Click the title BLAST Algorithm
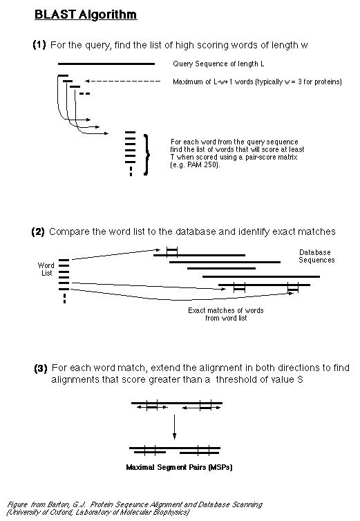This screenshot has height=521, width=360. [86, 15]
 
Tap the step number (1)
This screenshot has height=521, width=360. [39, 44]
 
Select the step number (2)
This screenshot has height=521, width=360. [38, 231]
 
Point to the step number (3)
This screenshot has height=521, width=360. [41, 368]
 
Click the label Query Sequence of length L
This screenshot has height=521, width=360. [218, 64]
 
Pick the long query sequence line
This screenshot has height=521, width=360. [106, 64]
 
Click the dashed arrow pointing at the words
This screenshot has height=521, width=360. [123, 81]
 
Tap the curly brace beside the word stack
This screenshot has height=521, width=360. [146, 155]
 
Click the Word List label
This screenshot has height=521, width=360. [46, 269]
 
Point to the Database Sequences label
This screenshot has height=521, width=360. [316, 256]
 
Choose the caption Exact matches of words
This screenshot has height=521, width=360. [226, 310]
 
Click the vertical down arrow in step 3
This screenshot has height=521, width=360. [175, 426]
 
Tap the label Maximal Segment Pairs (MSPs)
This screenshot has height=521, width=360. [179, 467]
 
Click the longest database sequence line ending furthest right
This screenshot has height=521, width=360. [261, 276]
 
